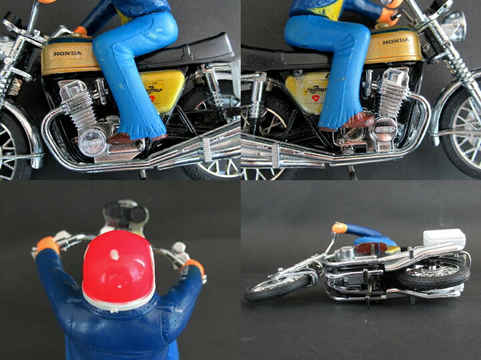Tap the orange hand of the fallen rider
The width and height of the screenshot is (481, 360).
coord(339,228)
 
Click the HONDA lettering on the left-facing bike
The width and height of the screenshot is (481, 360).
coord(67,53)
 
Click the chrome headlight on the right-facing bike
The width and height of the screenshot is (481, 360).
coord(453,24)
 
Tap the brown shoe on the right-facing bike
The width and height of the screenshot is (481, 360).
coord(359,120)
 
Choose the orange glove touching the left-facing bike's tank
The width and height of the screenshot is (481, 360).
coord(81,31)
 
